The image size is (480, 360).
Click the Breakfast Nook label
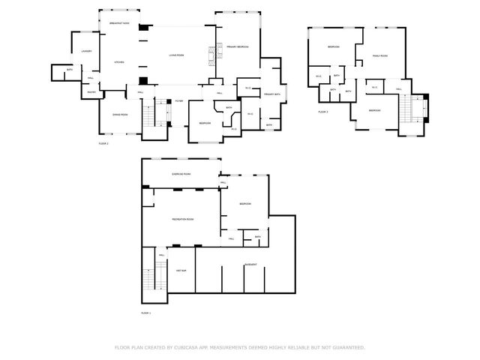click(x=119, y=24)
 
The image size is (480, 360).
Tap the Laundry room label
click(x=86, y=51)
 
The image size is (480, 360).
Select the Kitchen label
click(x=118, y=62)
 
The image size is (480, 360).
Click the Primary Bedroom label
click(x=238, y=47)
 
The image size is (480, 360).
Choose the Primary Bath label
click(x=271, y=94)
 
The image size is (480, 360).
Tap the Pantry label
click(x=91, y=92)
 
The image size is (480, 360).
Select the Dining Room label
click(x=119, y=114)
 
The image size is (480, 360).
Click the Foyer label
click(x=178, y=101)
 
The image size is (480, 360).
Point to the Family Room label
click(x=379, y=55)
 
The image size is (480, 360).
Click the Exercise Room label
click(x=181, y=173)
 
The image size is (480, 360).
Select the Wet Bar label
click(x=181, y=269)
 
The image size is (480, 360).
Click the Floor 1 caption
click(x=146, y=312)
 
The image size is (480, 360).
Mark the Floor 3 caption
click(x=323, y=112)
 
